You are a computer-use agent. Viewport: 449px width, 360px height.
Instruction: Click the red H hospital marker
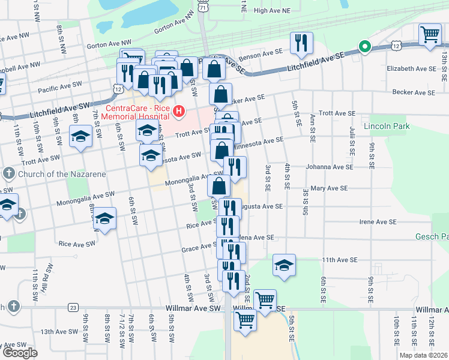(x=178, y=111)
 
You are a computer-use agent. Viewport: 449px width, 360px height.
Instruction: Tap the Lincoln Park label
(x=391, y=127)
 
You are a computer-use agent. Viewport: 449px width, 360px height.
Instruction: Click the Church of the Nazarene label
(x=61, y=174)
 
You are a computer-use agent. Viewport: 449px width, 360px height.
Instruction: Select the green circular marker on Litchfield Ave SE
(x=363, y=46)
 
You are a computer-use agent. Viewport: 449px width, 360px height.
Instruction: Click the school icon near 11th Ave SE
(x=284, y=266)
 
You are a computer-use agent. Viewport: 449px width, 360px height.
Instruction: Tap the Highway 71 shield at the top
(x=203, y=8)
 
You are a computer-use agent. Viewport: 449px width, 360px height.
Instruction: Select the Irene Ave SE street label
(x=378, y=222)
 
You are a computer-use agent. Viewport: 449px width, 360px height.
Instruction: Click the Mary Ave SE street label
(x=330, y=188)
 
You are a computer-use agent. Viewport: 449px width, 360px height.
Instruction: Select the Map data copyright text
(x=424, y=355)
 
